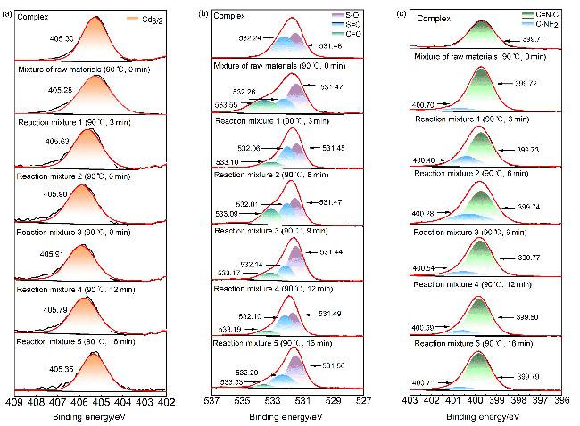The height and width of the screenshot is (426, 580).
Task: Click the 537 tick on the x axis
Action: [211, 402]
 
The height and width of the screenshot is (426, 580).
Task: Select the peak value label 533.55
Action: [226, 104]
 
